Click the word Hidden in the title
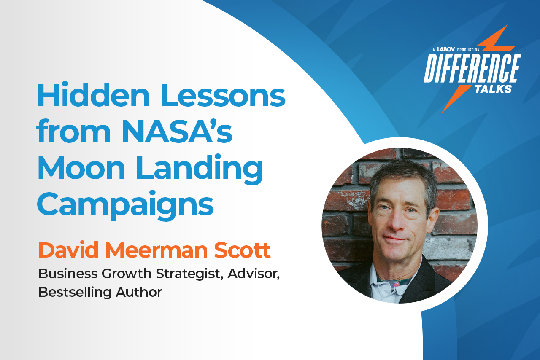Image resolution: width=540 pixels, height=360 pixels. point(93,96)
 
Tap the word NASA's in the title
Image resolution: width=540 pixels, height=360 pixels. point(177,132)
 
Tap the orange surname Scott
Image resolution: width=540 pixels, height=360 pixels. point(242,250)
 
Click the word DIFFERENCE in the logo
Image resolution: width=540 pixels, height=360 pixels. point(472,68)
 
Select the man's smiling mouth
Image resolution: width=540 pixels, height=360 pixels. point(394,239)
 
